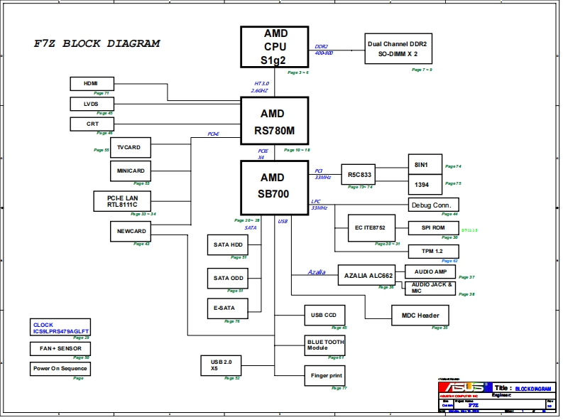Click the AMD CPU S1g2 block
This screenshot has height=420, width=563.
[x=274, y=47]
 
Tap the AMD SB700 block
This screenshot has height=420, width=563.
[x=274, y=187]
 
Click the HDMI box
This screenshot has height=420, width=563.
[x=92, y=83]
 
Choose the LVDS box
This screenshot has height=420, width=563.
[x=92, y=104]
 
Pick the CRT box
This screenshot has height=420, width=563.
[x=92, y=124]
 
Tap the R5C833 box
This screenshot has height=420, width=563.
[x=360, y=174]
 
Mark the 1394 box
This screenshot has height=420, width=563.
[x=425, y=185]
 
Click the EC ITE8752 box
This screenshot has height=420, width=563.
[x=370, y=227]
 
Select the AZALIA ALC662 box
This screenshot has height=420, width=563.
[x=368, y=276]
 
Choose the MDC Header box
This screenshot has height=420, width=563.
[x=421, y=315]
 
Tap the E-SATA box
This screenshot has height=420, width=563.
[x=226, y=308]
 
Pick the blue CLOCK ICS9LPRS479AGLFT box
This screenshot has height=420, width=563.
[x=60, y=328]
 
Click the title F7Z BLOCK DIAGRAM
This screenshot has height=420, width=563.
[x=97, y=43]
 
